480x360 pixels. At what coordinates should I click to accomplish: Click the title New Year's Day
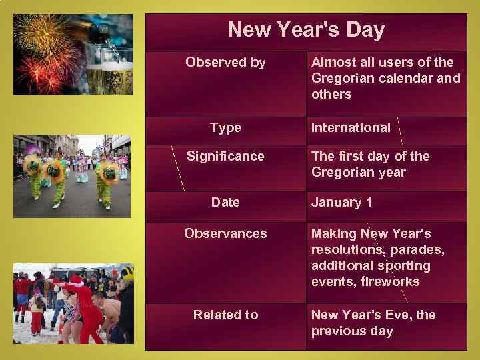306,30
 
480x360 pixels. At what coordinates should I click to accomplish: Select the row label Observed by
225,63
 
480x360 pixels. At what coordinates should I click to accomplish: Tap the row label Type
225,127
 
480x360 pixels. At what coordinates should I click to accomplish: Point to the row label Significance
225,156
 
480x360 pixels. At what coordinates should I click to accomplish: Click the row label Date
225,202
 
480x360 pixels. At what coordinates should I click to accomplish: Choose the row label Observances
225,233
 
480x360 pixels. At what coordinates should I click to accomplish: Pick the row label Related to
225,315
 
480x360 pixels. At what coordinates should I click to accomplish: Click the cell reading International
351,127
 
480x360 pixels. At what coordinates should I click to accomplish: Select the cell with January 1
342,202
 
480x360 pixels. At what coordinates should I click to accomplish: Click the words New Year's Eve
361,315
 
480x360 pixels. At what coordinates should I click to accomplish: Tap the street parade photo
73,176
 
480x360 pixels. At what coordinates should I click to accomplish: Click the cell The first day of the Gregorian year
370,164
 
